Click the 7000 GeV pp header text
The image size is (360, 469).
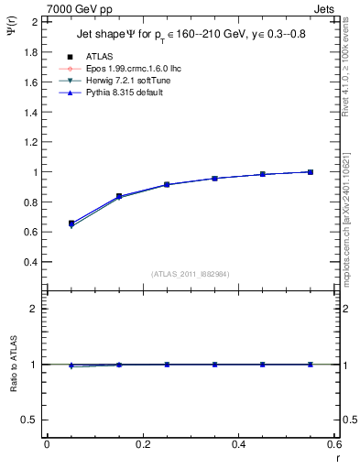point(80,8)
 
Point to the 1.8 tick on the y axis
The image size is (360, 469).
point(30,52)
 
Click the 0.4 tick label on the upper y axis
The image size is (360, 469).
point(30,262)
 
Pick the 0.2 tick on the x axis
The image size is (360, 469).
point(142,445)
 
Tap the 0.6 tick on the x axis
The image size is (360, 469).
point(333,445)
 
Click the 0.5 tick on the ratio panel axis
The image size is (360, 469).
point(30,420)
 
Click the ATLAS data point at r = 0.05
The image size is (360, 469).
point(71,223)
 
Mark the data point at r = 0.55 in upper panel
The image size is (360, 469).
point(311,172)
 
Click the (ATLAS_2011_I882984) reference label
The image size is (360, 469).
point(190,274)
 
